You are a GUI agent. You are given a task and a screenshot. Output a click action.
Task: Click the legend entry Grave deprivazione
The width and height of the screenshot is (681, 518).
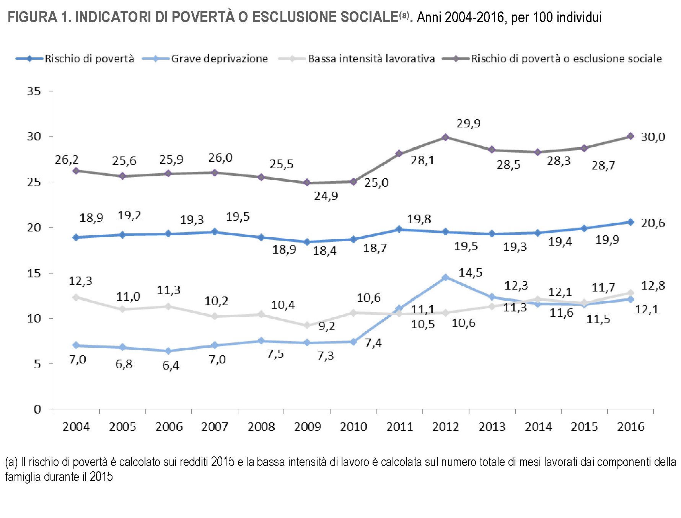[x=219, y=59]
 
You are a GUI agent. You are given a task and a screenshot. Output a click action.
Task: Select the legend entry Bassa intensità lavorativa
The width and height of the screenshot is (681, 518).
[x=371, y=59]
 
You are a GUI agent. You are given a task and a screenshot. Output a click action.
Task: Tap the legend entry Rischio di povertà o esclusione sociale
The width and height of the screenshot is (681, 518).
[x=566, y=59]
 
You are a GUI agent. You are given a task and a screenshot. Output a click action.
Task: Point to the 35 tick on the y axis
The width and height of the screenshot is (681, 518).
[x=34, y=91]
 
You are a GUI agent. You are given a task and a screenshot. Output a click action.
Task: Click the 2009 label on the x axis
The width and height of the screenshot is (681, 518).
[x=307, y=427]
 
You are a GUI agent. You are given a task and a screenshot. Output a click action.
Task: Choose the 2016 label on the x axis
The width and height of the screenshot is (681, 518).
[x=630, y=427]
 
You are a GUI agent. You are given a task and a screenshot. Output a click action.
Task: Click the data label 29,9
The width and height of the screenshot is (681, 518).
[x=468, y=123]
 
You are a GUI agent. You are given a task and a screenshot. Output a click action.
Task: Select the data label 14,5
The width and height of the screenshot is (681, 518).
[x=470, y=273]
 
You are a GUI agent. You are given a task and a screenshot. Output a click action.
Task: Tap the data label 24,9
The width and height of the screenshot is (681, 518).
[x=326, y=196]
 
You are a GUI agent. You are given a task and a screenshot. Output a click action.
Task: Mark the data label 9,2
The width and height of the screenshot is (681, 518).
[x=327, y=326]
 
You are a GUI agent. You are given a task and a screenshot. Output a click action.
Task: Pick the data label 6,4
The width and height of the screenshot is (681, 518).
[x=171, y=365]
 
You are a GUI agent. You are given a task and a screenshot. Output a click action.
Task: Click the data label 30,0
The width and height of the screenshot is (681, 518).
[x=653, y=137]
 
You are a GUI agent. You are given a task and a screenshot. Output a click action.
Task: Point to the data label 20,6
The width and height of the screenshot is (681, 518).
[x=653, y=223]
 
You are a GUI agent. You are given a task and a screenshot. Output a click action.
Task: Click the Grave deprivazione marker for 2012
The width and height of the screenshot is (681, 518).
[x=445, y=277]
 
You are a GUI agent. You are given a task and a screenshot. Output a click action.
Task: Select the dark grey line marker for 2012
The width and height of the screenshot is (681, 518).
[x=445, y=137]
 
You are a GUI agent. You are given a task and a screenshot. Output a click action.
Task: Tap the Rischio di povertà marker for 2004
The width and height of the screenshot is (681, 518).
[x=76, y=237]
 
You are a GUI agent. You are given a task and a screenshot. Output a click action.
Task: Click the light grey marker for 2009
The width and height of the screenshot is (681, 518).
[x=306, y=325]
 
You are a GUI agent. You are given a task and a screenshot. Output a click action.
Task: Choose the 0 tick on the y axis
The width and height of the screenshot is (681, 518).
[x=37, y=409]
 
